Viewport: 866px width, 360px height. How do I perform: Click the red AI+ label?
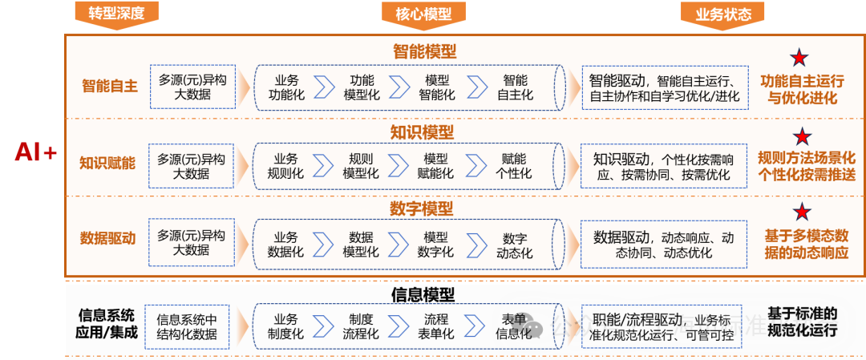click(x=35, y=152)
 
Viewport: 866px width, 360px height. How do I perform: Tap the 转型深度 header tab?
click(x=116, y=14)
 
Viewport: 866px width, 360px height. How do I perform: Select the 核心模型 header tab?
click(x=423, y=14)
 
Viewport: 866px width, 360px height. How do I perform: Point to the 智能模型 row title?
click(x=424, y=51)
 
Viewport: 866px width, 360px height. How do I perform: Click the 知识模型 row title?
click(x=422, y=131)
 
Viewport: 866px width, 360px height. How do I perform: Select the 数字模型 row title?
click(x=422, y=208)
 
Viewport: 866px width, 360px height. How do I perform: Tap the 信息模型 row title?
click(x=423, y=294)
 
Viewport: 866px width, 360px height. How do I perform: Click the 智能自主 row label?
click(x=110, y=86)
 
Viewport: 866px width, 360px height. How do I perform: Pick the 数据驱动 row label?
click(x=107, y=238)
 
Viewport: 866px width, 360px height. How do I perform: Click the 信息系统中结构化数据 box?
click(x=187, y=326)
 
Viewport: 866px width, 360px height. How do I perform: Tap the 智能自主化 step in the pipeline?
click(x=515, y=87)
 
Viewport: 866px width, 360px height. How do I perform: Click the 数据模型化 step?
click(x=361, y=245)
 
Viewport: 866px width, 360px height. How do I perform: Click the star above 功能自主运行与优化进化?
click(x=799, y=57)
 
